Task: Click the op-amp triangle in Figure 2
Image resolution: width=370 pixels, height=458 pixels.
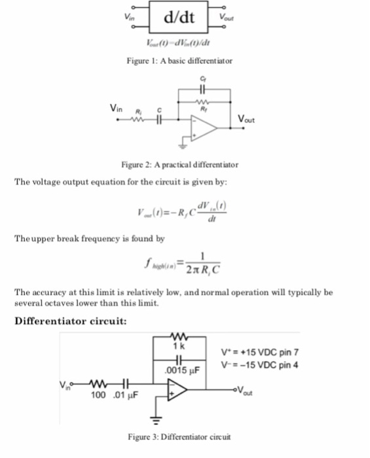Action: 204,128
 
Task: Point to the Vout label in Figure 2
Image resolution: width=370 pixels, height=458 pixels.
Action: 247,120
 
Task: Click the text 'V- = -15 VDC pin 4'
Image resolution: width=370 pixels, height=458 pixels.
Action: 260,364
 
